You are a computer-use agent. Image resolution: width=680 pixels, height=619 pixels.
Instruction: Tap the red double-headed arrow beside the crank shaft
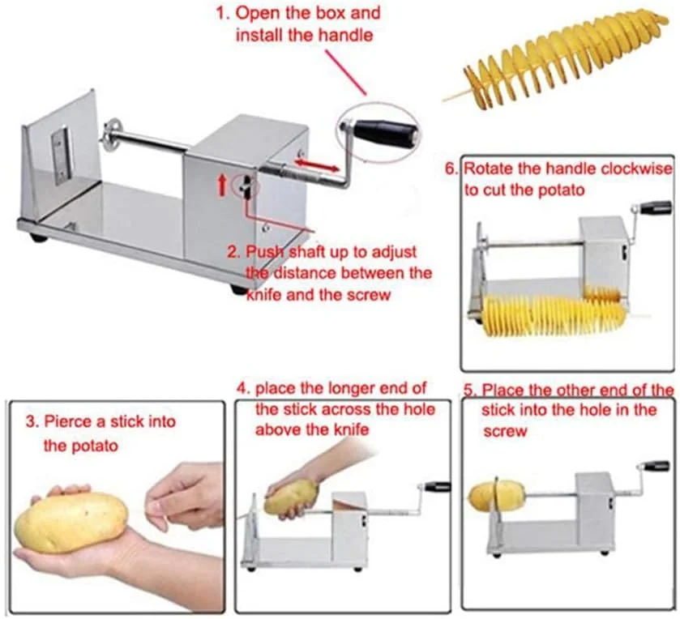tap(316, 164)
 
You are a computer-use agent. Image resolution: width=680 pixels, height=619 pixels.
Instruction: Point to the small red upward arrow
tap(222, 184)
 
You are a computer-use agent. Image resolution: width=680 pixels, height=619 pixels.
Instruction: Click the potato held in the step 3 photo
tap(71, 522)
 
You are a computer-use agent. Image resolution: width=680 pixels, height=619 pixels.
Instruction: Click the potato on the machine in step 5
tap(496, 497)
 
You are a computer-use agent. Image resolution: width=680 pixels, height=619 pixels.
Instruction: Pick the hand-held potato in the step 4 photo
tap(292, 497)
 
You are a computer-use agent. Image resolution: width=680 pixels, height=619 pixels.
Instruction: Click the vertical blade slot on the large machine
tap(60, 154)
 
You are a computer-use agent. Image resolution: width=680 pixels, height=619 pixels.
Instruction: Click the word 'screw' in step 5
tap(505, 431)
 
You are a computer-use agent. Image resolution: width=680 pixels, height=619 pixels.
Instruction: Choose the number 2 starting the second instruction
tap(233, 252)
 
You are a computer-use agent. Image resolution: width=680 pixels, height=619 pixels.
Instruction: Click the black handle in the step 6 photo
tap(656, 207)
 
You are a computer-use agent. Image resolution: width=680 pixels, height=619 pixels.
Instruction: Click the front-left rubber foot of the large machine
tap(38, 237)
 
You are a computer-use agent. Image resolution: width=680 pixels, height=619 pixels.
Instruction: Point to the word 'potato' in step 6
tap(561, 190)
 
